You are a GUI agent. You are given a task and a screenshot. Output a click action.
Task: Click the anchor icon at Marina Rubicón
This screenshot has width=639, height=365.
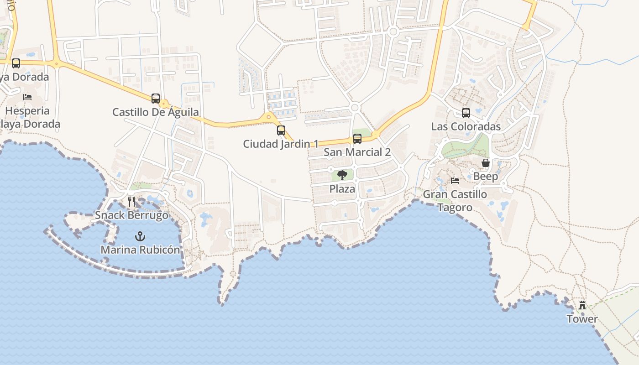pos(141,236)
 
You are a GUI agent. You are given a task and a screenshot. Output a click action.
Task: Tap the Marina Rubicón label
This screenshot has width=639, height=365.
pos(141,250)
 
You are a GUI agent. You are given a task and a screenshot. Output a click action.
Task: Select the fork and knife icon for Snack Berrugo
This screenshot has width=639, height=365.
pos(132,201)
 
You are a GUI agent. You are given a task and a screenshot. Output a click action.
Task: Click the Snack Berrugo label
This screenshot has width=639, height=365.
pos(132,215)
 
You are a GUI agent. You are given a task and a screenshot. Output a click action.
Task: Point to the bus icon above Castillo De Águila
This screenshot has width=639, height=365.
pos(156,98)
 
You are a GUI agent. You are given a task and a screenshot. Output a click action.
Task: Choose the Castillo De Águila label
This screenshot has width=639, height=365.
pos(156,112)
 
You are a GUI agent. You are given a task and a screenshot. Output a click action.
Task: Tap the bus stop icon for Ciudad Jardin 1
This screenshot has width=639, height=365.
pos(281,130)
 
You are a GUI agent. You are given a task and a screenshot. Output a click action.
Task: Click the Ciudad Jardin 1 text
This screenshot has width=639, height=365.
pos(281,144)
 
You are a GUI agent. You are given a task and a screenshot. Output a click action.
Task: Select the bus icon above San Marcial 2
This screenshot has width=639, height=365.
pos(357,139)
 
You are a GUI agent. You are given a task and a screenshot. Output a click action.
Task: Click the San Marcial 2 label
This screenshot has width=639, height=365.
pos(357,152)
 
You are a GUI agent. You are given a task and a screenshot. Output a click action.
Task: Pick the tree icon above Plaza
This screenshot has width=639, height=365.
pos(342,175)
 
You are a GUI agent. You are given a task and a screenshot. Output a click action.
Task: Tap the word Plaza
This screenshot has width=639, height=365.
pos(342,189)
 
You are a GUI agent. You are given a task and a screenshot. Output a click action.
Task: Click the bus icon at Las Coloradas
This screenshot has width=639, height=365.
pos(466,113)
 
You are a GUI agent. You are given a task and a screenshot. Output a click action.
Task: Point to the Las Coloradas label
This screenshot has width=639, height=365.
pos(466,126)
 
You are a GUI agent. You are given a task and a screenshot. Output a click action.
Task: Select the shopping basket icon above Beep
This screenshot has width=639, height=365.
pos(486,163)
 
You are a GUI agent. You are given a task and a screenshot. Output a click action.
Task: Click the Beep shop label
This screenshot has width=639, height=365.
pos(486,177)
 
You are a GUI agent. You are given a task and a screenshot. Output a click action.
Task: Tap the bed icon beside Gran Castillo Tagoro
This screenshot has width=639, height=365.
pos(455,181)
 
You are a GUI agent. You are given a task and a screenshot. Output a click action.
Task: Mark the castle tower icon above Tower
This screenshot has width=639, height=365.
pos(582,305)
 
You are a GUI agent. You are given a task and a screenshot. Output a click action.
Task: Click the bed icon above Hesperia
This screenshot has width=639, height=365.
pos(27,97)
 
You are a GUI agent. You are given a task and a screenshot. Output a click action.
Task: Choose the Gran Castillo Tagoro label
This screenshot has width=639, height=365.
pos(455,201)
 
